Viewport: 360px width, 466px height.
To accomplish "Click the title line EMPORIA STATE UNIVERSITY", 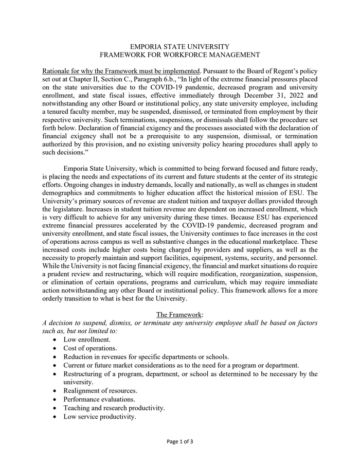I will (179, 46).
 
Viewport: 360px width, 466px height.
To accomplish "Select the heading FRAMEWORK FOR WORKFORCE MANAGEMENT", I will (179, 55).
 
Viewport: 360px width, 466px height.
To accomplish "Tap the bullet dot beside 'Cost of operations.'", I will (56, 348).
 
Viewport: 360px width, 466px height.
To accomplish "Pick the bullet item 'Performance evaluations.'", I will (99, 399).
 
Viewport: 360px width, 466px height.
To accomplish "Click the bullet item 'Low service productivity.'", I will (100, 417).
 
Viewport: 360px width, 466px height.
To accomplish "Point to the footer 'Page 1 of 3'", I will (179, 441).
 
